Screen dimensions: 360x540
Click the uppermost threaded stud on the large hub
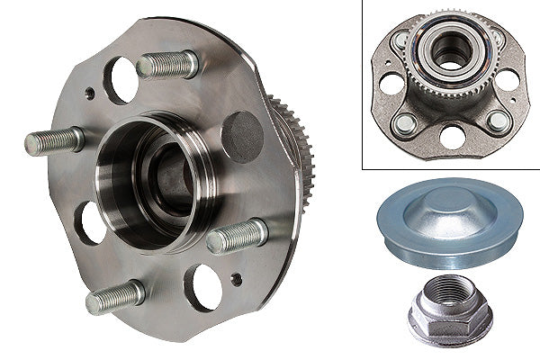(169, 65)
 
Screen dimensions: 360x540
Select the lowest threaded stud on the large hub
(115, 297)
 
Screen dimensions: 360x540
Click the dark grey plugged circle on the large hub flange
(241, 132)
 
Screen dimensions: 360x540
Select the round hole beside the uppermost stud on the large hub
(121, 80)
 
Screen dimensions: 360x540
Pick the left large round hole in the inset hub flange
(390, 83)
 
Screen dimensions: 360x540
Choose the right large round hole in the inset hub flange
(508, 79)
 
